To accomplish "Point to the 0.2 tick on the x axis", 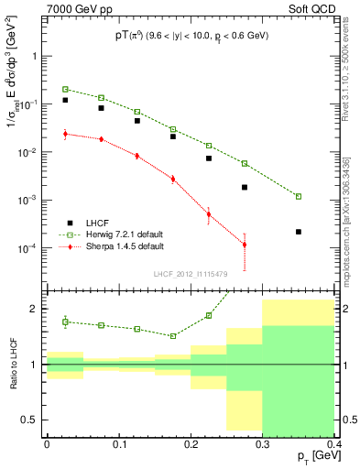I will pos(191,443).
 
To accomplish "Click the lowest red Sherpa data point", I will pos(245,245).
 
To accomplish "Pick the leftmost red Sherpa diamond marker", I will pos(66,134).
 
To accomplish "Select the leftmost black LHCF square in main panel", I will pos(66,100).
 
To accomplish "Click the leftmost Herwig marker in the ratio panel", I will pos(66,322).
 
